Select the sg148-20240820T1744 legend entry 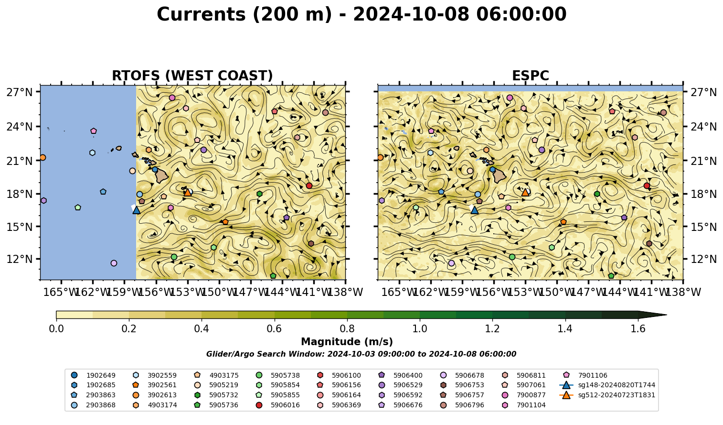607,385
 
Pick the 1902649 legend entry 93,375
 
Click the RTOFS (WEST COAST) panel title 192,76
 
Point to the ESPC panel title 530,76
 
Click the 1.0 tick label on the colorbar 420,329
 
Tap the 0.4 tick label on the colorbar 202,329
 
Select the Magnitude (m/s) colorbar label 347,342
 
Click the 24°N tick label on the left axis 20,127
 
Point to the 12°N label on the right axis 703,259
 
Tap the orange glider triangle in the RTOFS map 188,192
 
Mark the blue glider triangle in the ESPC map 474,210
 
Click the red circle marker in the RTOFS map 309,185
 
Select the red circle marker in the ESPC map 647,185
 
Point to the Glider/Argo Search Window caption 361,354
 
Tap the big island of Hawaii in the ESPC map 500,176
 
